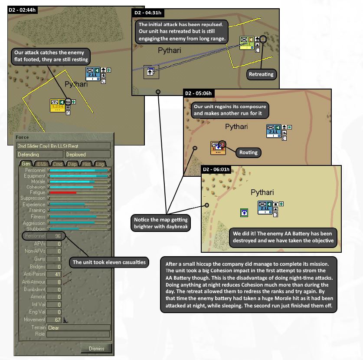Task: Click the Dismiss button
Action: click(96, 348)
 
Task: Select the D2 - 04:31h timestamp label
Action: click(148, 13)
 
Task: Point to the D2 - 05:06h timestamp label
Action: click(199, 93)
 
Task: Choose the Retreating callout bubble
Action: click(261, 74)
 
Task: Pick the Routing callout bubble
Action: click(249, 152)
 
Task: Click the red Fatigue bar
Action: click(63, 192)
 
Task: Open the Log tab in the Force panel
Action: click(101, 164)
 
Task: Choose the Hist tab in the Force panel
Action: click(86, 164)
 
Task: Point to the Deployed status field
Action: click(87, 154)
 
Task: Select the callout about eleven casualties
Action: click(109, 262)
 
